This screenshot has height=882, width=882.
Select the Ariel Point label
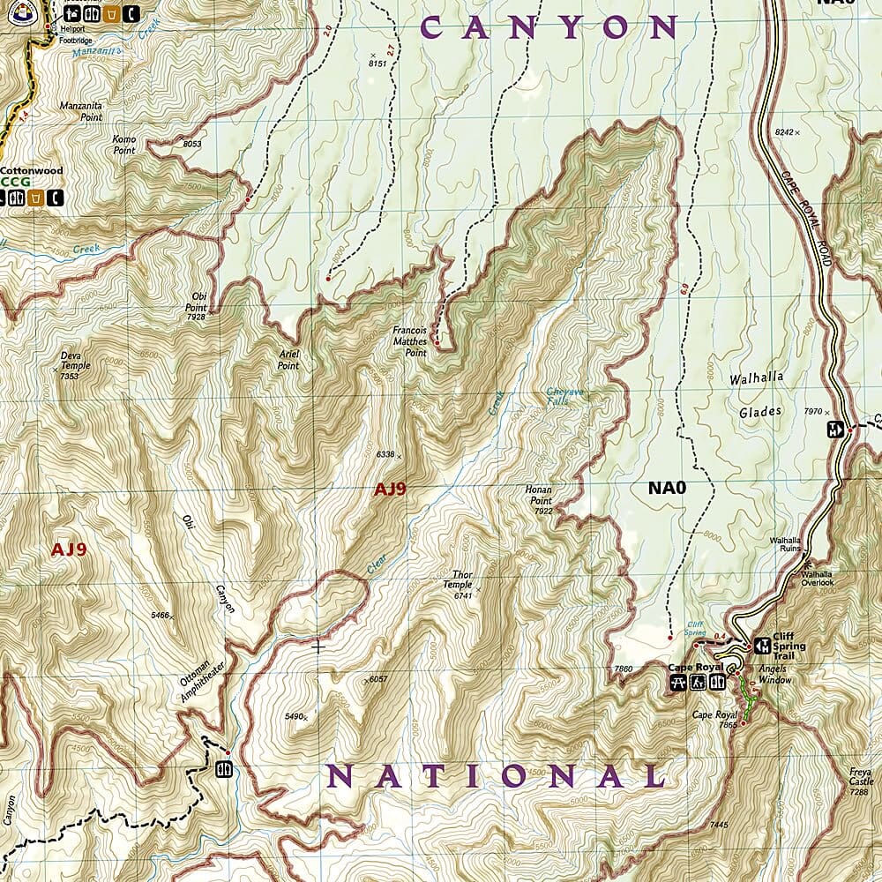pos(288,360)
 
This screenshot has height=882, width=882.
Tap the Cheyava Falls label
pos(569,396)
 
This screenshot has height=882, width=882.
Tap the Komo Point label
pos(124,145)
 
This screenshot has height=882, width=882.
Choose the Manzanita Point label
pos(81,111)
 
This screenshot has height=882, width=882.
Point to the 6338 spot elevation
pos(385,454)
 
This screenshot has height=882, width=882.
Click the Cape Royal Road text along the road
pos(806,203)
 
